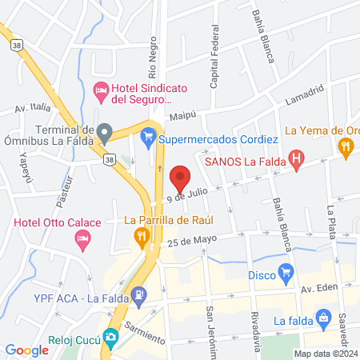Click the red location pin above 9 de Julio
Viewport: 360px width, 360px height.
pyautogui.click(x=180, y=177)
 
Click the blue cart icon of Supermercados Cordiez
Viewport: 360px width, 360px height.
pyautogui.click(x=147, y=138)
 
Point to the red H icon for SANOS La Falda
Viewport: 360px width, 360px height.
pyautogui.click(x=295, y=160)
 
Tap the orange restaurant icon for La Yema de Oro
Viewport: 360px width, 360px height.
pyautogui.click(x=346, y=146)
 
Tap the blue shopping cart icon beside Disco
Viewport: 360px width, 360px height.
pyautogui.click(x=285, y=272)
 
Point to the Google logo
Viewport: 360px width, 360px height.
pyautogui.click(x=27, y=350)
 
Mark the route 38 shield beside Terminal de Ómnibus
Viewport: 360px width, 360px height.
pyautogui.click(x=109, y=160)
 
